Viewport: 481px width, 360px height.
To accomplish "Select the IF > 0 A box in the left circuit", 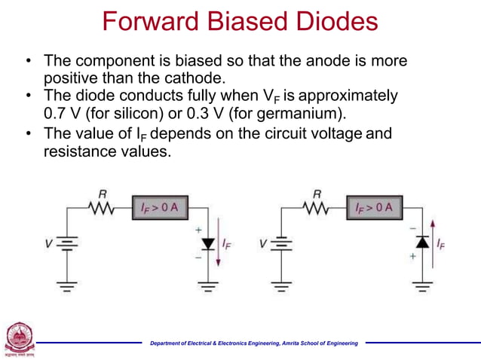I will coord(158,206).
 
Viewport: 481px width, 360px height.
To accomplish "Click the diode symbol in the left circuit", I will coord(208,243).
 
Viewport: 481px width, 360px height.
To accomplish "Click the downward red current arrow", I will coord(218,243).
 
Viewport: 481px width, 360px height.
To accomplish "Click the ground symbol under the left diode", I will coord(208,287).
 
